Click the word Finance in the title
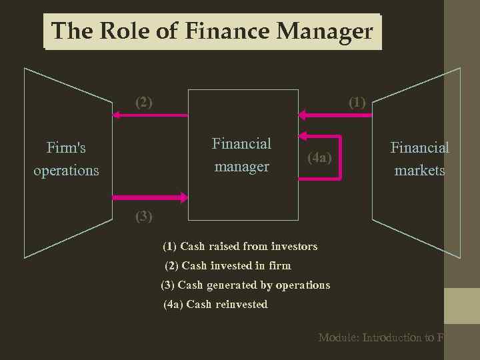pyautogui.click(x=227, y=31)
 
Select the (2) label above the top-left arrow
pyautogui.click(x=144, y=102)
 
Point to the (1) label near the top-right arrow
pyautogui.click(x=357, y=102)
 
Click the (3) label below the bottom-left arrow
pyautogui.click(x=144, y=215)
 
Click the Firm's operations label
pyautogui.click(x=66, y=158)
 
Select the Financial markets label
pyautogui.click(x=419, y=158)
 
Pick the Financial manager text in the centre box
pyautogui.click(x=241, y=155)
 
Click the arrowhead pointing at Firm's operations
pyautogui.click(x=116, y=115)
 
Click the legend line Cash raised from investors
pyautogui.click(x=240, y=246)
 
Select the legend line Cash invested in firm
pyautogui.click(x=228, y=265)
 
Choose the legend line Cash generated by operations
pyautogui.click(x=245, y=285)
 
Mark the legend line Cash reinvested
pyautogui.click(x=215, y=304)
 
